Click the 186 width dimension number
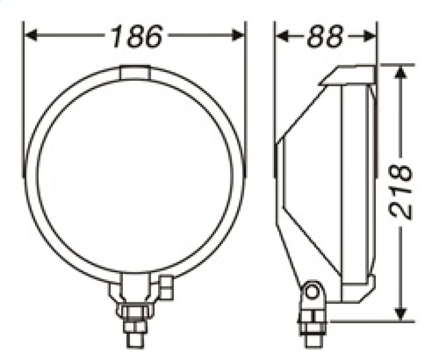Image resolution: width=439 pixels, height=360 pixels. pyautogui.click(x=137, y=36)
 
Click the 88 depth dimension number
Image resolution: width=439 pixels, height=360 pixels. pyautogui.click(x=325, y=36)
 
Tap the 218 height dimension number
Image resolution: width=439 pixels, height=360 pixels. pyautogui.click(x=401, y=192)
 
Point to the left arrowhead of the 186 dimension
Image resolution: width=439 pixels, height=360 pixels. pyautogui.click(x=31, y=35)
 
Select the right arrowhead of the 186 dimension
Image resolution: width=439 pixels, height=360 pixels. pyautogui.click(x=238, y=35)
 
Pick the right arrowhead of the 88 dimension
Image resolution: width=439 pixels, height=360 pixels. pyautogui.click(x=369, y=36)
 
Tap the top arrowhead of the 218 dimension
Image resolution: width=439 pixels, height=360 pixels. pyautogui.click(x=401, y=72)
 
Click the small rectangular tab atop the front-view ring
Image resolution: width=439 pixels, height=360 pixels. pyautogui.click(x=135, y=72)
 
